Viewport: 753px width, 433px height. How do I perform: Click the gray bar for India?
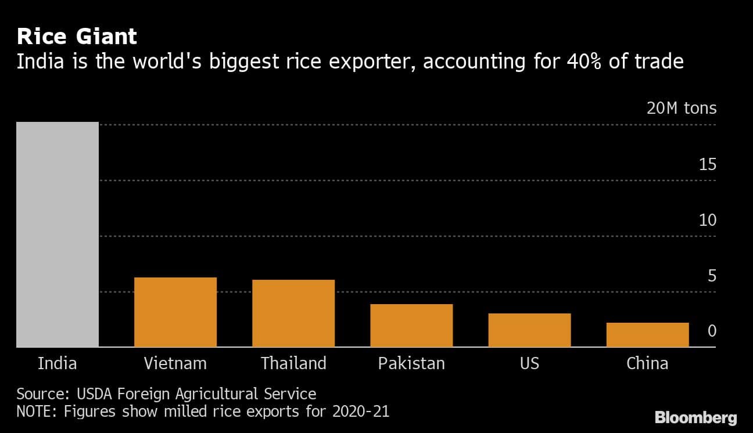click(x=58, y=234)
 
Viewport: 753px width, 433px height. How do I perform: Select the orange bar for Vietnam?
click(x=175, y=312)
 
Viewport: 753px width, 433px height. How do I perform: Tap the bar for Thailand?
click(x=293, y=313)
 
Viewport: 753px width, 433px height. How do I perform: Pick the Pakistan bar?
click(x=411, y=326)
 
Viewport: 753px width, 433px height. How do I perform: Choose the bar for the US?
click(x=529, y=330)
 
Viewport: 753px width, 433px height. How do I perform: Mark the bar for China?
click(x=647, y=335)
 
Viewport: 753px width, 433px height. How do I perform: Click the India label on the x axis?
click(x=58, y=364)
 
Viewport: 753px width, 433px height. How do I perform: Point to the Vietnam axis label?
click(x=175, y=364)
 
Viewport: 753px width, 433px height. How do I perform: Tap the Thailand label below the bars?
click(x=293, y=364)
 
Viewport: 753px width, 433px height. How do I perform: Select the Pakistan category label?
click(x=411, y=364)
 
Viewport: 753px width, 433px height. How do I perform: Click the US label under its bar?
click(x=529, y=364)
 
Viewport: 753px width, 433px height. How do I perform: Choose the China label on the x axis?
click(x=647, y=364)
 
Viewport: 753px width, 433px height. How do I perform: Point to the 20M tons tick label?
click(x=682, y=109)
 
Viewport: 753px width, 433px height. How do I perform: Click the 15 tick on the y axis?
click(x=708, y=165)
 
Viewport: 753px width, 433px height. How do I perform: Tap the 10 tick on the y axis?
click(x=708, y=221)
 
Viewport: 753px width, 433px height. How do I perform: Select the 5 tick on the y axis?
click(x=712, y=276)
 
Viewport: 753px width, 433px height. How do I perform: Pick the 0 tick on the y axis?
click(x=712, y=331)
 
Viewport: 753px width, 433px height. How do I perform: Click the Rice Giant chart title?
click(x=77, y=37)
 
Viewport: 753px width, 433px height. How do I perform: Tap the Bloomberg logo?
click(x=695, y=417)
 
